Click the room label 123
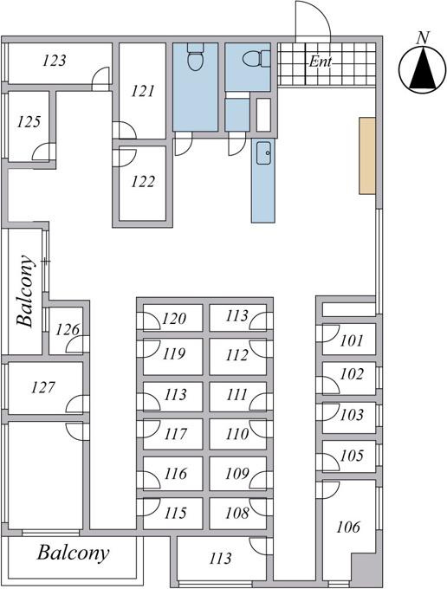coord(55,61)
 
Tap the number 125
coord(29,122)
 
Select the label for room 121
coord(143,91)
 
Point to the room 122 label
coord(143,182)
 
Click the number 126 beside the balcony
coord(68,330)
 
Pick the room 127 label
coord(43,387)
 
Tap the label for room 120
coord(174,319)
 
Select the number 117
coord(175,434)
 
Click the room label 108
coord(237,513)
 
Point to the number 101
coord(352,340)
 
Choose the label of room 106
coord(348,527)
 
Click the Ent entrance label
coord(321,61)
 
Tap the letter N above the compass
coord(423,38)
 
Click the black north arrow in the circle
coord(423,68)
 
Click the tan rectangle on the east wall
coord(367,156)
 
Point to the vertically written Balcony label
coord(25,291)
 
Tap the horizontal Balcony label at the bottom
coord(74,553)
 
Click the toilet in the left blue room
coord(195,57)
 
